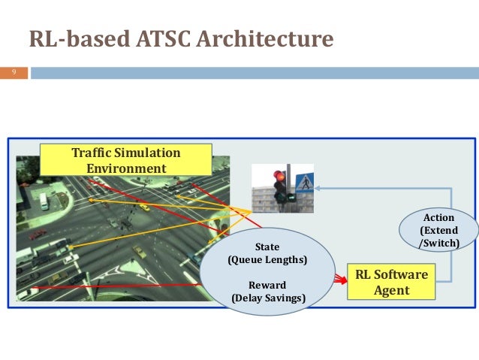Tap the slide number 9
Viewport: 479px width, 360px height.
coord(13,73)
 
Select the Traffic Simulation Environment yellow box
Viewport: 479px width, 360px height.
coord(126,160)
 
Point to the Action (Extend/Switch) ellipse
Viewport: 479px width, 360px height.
coord(439,231)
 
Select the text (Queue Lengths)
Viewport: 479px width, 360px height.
coord(267,260)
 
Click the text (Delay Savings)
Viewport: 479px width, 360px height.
coord(267,298)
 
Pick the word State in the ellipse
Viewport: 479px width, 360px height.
coord(267,247)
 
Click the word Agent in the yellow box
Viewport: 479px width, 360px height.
coord(391,289)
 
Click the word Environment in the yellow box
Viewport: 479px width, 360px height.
coord(126,168)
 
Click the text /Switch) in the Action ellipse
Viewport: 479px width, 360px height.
coord(439,244)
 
